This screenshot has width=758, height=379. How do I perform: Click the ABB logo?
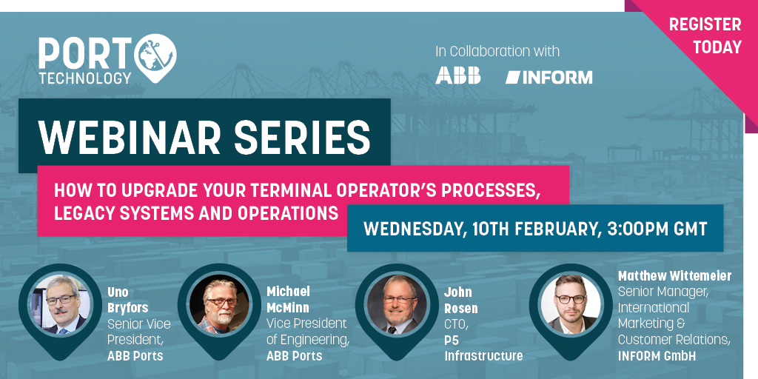[x=457, y=76]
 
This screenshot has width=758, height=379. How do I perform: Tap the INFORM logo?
[x=549, y=76]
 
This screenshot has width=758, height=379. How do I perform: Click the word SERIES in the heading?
[x=311, y=138]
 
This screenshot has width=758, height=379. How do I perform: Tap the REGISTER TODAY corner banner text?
[x=705, y=36]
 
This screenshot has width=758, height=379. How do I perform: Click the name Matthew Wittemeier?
[x=674, y=276]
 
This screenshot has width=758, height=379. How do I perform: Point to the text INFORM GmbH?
[x=657, y=356]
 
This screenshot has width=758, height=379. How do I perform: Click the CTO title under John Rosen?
[x=455, y=324]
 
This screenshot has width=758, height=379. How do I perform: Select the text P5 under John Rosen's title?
[x=452, y=341]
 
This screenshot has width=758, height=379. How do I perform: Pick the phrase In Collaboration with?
[x=497, y=52]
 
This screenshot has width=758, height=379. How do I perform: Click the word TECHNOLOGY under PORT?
[x=85, y=77]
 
